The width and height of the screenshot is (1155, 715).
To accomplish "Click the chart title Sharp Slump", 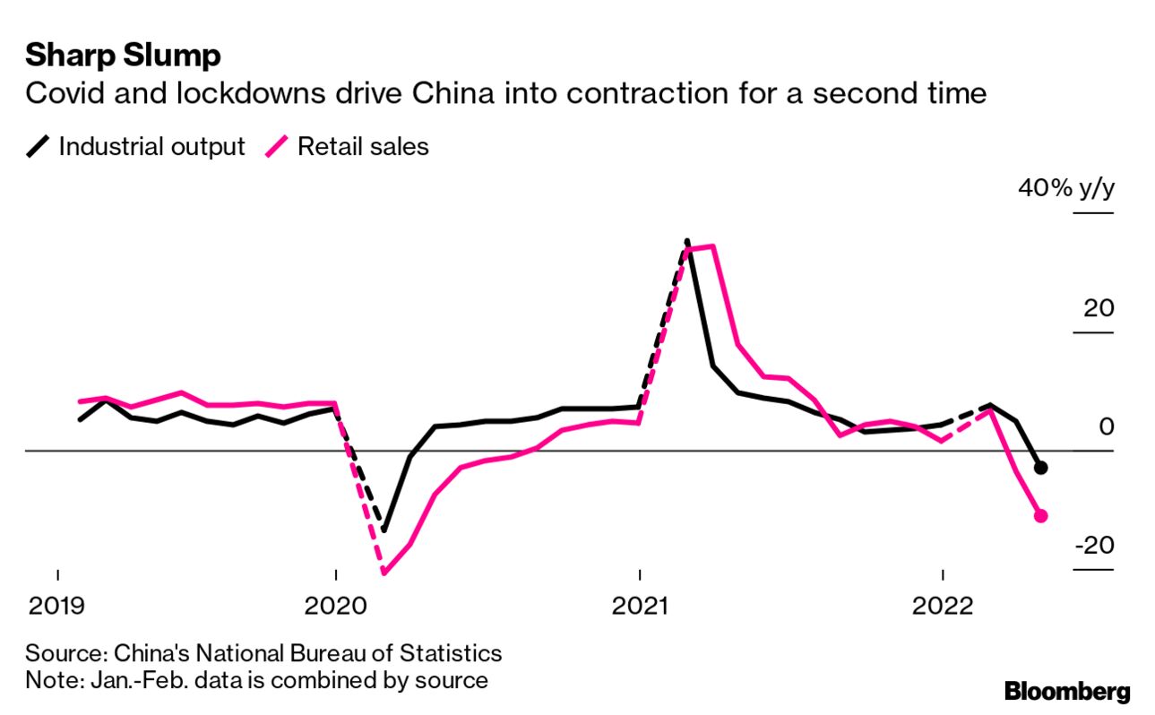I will (123, 56).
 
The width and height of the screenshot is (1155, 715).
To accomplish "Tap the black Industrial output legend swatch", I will (38, 146).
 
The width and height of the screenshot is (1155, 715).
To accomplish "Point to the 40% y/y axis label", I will (1065, 189).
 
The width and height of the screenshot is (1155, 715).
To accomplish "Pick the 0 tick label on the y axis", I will (1106, 426).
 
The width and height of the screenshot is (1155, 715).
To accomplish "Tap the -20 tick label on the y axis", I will (1092, 546).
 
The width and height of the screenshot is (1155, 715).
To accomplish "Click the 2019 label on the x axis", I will (57, 607).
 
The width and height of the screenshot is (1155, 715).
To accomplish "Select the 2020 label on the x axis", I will (334, 607).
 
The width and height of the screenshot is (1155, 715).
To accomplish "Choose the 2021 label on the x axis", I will (639, 607).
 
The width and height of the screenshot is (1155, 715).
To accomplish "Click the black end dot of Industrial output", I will (1040, 467).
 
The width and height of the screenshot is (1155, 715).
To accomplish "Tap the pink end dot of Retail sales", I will (1040, 515).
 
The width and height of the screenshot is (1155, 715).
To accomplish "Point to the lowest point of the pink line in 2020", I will (384, 572).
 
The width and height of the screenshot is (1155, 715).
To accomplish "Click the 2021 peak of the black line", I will (686, 240).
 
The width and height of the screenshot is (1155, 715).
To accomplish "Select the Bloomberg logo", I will (1066, 691).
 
